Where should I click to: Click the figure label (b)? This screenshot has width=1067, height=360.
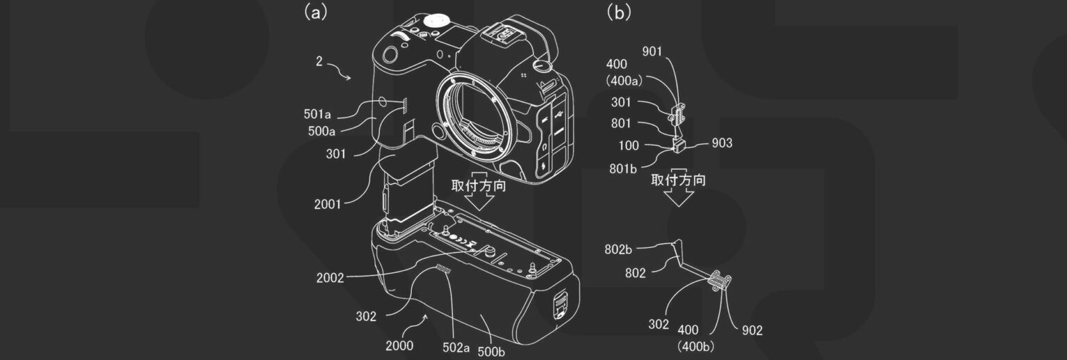tap(620, 13)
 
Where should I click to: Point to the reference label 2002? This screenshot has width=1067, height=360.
tap(329, 278)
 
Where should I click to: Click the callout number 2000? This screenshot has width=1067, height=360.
tap(399, 345)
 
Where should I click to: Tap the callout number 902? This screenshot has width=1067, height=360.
tap(747, 330)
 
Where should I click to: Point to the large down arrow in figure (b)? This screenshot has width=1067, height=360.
tap(678, 197)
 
